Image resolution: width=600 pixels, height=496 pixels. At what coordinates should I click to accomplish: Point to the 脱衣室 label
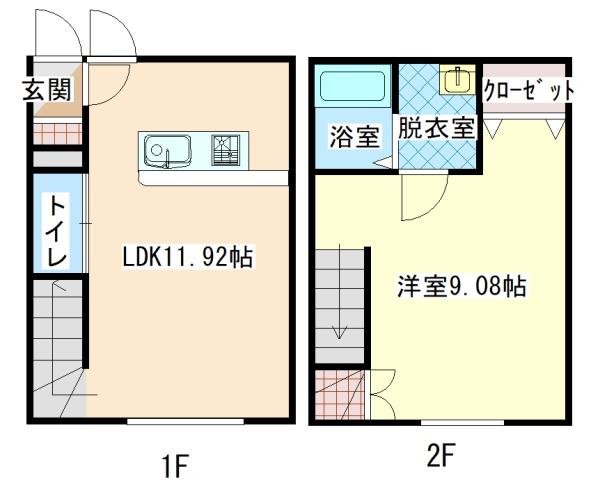(x=435, y=129)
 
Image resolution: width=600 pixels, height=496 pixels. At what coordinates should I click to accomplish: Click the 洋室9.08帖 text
(x=459, y=287)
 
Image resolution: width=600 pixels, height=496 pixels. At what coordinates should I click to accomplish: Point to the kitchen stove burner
(x=226, y=150)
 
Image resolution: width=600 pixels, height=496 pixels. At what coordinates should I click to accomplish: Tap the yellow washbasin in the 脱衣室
(x=459, y=79)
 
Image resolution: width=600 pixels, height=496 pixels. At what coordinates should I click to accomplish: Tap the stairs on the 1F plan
(x=57, y=345)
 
